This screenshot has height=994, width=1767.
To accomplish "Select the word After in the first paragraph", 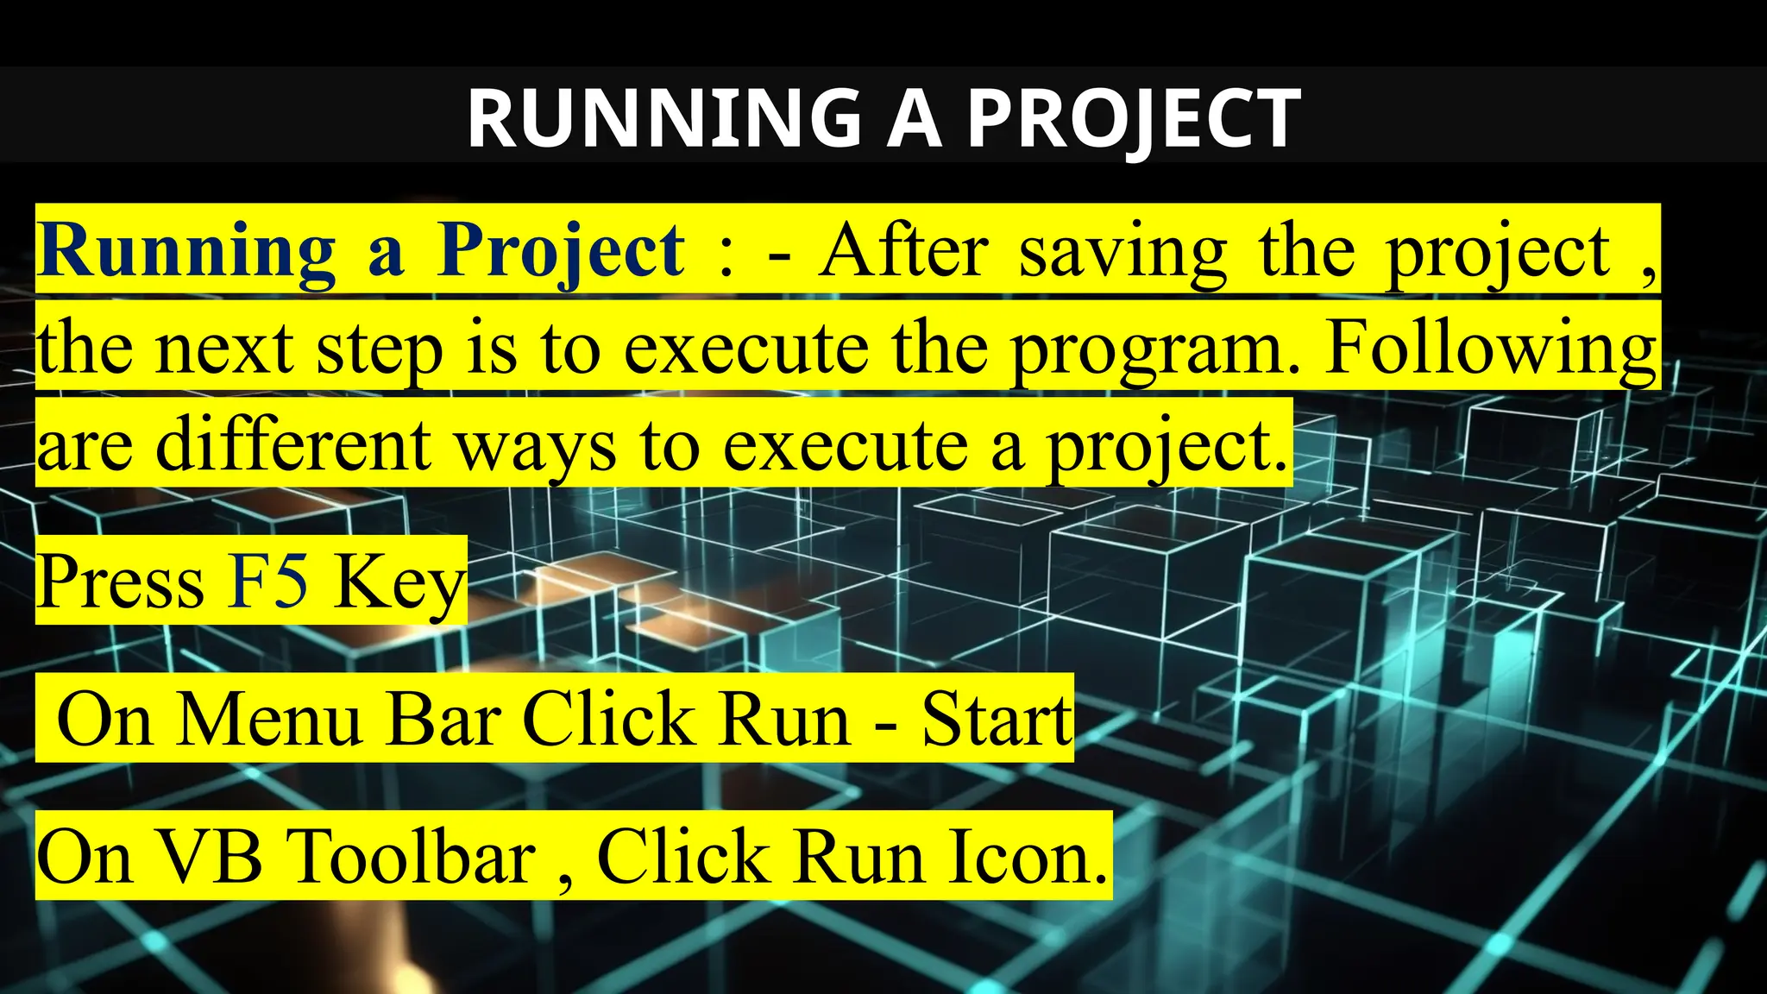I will tap(903, 251).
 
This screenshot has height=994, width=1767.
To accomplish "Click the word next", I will tap(224, 348).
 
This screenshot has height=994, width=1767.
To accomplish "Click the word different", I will tap(293, 444).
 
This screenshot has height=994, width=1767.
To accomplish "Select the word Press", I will tap(121, 581).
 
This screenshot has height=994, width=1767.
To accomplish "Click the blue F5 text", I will tap(268, 581).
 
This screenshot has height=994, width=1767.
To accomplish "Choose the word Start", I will tap(997, 719).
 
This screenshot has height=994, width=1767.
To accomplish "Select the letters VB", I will tap(211, 857).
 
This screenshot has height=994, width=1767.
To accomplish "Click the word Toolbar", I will tap(415, 857).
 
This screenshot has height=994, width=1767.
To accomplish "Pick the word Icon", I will tap(1027, 857).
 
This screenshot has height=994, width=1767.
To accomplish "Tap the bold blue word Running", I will tap(186, 251).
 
